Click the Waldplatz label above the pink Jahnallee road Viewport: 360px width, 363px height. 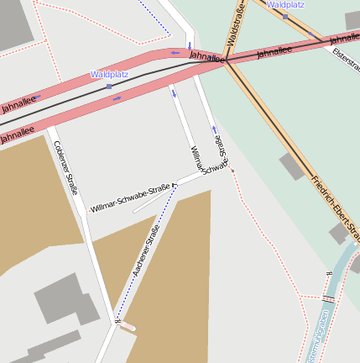(x=109, y=75)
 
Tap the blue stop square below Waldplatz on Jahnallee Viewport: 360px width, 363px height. (x=109, y=86)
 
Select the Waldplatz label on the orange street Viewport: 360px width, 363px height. (x=285, y=5)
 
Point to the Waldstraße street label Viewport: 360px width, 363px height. (x=236, y=24)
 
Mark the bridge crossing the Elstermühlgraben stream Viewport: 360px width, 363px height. (x=328, y=298)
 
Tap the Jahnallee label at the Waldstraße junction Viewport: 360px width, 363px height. (x=206, y=56)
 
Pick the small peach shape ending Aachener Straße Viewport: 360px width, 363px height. (x=127, y=328)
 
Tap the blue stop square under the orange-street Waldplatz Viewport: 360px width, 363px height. (x=285, y=16)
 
